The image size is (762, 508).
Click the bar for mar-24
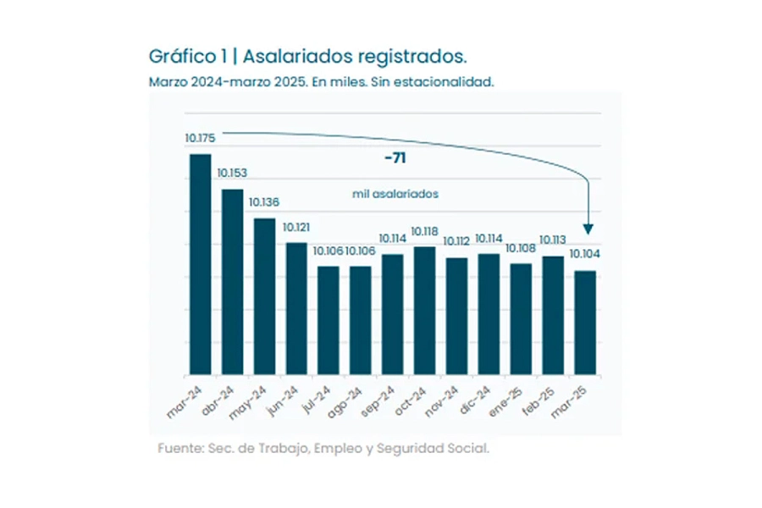(200, 264)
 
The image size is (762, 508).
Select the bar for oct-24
(423, 311)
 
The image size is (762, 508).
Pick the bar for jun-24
(295, 309)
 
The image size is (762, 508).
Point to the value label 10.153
(231, 173)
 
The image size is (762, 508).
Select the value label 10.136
(263, 202)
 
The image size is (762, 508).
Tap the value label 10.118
(423, 231)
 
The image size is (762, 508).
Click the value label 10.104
(584, 254)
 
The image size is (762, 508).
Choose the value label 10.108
(520, 248)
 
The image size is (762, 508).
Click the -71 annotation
(395, 158)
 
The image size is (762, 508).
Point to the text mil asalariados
(395, 194)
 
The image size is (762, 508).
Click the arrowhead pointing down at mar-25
(588, 229)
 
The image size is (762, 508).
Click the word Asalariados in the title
(295, 57)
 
